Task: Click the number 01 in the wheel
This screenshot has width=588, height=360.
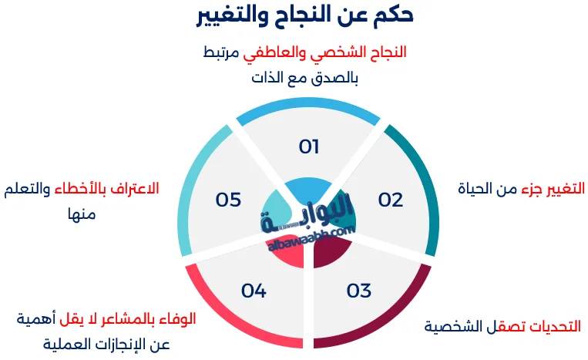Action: coord(309,146)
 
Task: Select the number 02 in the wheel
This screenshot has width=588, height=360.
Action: coord(391,200)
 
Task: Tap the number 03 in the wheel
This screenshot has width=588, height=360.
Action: coord(358,291)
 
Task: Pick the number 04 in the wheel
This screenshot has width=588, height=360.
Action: coord(254,291)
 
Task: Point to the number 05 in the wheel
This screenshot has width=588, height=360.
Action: coord(228,200)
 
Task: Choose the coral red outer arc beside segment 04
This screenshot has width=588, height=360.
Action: coord(231,324)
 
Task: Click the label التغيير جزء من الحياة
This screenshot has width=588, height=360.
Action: coord(521,188)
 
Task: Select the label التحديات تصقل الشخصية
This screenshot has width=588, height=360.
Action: coord(502,326)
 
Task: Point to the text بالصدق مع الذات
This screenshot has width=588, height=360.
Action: coord(306,78)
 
